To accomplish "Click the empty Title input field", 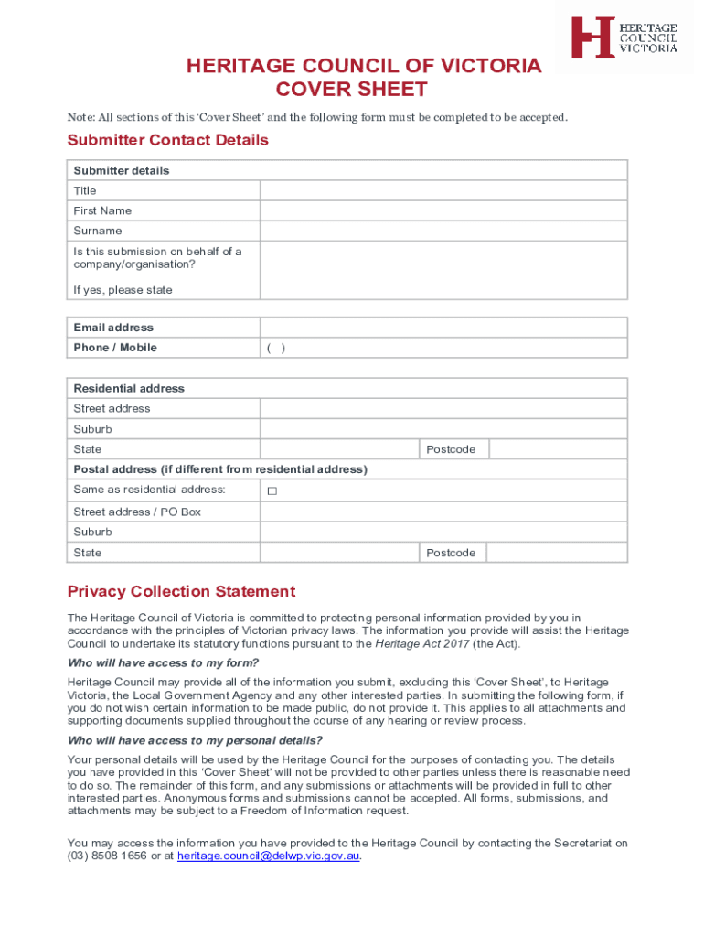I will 443,190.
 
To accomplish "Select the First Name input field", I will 443,210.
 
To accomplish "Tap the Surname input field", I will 443,231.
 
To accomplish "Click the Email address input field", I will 443,328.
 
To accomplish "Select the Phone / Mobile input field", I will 443,348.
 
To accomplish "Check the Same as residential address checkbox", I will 272,491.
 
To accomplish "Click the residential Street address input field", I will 443,409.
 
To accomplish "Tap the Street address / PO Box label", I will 137,512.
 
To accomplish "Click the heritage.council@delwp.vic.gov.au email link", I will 269,856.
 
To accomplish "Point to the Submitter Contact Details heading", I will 168,140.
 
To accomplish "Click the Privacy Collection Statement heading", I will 181,591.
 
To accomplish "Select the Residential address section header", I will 129,389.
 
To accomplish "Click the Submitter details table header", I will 122,171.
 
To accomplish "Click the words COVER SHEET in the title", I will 352,90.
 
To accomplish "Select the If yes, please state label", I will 123,290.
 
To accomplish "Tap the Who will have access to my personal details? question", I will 195,741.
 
